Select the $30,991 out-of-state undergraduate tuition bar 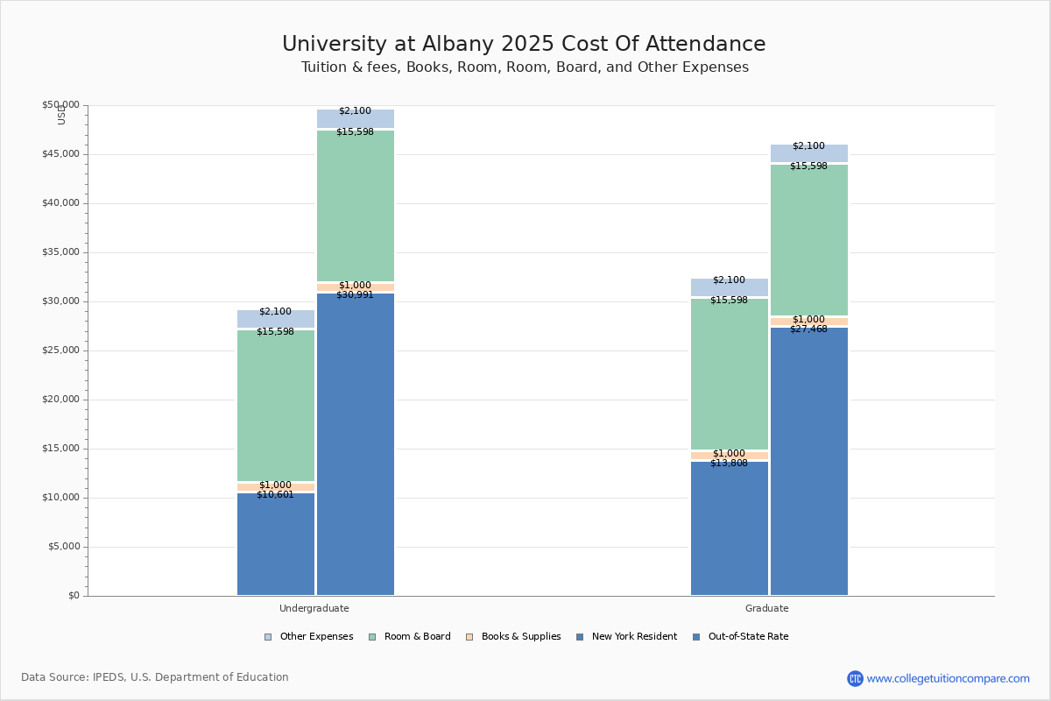pos(356,447)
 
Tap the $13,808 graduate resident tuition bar pos(730,529)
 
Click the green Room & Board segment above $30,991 pos(356,206)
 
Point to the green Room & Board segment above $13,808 pos(730,374)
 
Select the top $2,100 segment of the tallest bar pos(356,118)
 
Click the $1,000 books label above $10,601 pos(275,485)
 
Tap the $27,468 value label pos(808,329)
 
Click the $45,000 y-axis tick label pos(61,154)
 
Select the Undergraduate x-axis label pos(314,608)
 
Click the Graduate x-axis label pos(767,608)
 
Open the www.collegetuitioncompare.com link pos(948,678)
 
